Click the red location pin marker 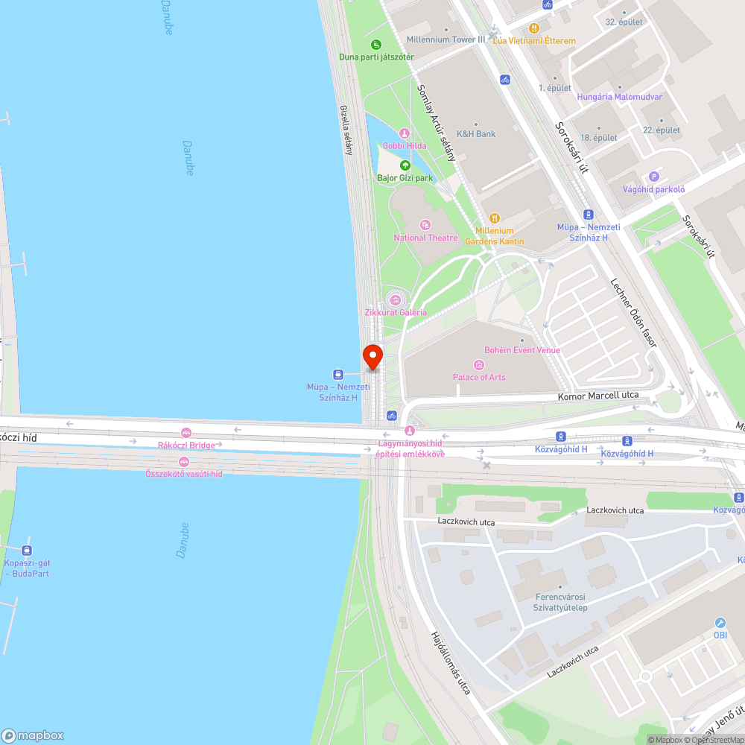[372, 357]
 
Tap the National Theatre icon [425, 225]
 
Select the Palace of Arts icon [479, 365]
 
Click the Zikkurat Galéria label [396, 313]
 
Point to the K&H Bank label [476, 134]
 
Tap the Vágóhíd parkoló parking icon [654, 177]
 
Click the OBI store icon [720, 623]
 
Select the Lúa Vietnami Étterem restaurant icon [533, 28]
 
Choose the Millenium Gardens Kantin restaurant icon [495, 219]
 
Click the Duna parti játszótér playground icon [376, 45]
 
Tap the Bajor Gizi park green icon [405, 165]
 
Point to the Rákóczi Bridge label [186, 446]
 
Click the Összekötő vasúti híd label [184, 474]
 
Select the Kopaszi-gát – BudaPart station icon [27, 551]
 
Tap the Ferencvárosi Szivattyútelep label [561, 602]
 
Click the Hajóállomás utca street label [451, 662]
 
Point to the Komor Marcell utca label [598, 396]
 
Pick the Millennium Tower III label [446, 39]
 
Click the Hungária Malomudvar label [619, 97]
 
